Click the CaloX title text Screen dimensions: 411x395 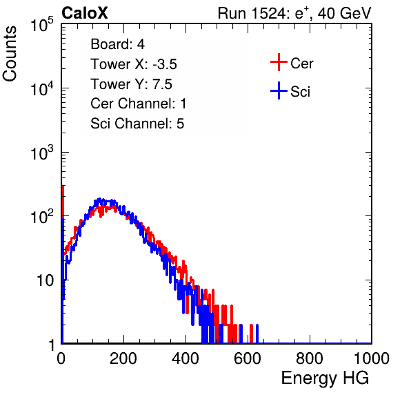click(x=85, y=13)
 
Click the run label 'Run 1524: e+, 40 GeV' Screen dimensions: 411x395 click(x=294, y=13)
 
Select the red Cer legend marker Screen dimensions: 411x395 click(x=279, y=62)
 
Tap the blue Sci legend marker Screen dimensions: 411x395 click(x=279, y=91)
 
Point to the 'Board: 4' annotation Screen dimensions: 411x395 click(x=117, y=44)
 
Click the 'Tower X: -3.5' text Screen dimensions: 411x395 click(x=134, y=64)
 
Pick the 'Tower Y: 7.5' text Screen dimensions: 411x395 click(x=131, y=84)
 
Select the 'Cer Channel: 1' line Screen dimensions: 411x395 click(x=139, y=104)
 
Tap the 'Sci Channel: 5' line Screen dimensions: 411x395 click(x=137, y=124)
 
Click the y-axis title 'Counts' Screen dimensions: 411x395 click(x=10, y=53)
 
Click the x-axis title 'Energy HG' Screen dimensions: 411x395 click(x=325, y=378)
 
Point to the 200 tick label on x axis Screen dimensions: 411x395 click(x=123, y=358)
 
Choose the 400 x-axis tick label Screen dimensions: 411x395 click(x=186, y=358)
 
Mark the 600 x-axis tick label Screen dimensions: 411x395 click(x=248, y=358)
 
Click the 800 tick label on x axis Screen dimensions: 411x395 click(x=310, y=358)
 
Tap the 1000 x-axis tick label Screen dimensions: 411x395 click(x=372, y=358)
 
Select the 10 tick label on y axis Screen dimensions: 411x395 click(x=46, y=280)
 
